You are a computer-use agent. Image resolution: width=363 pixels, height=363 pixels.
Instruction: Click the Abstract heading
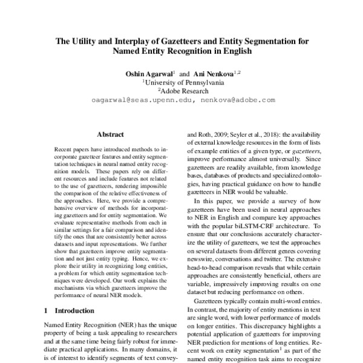tap(111, 137)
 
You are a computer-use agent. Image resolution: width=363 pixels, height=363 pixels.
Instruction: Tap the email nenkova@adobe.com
tap(239, 99)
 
